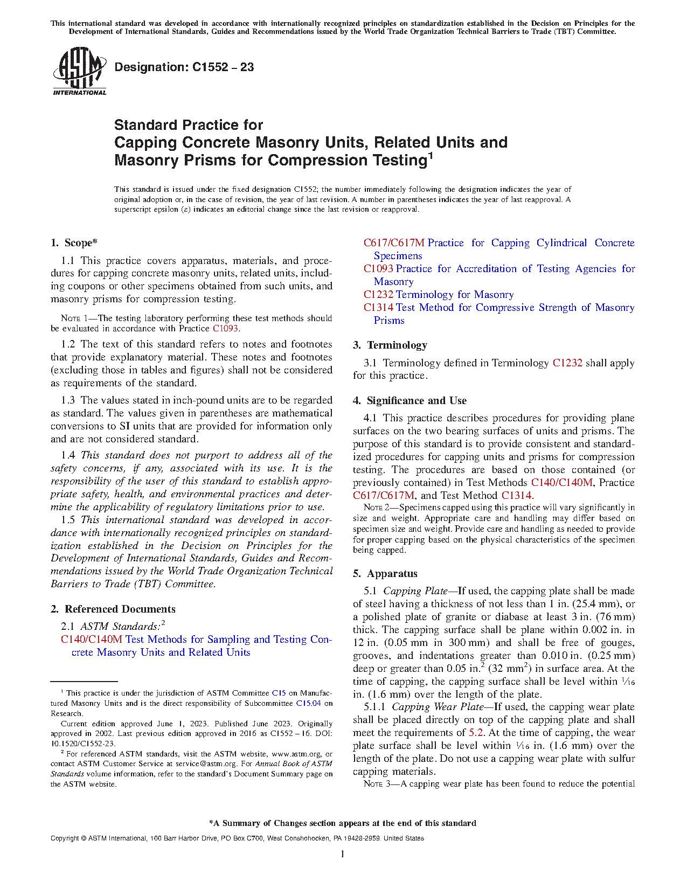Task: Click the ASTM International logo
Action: (x=79, y=71)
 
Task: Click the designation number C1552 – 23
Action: (x=223, y=67)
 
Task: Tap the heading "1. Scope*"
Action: (x=74, y=243)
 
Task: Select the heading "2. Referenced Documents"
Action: (x=113, y=609)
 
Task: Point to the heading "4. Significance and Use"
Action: (x=410, y=401)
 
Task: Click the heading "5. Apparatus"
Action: (x=385, y=574)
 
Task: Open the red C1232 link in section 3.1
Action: (x=567, y=363)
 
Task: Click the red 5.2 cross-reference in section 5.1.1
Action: (x=476, y=733)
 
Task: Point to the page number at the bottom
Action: (x=343, y=853)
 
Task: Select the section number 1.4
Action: (x=68, y=455)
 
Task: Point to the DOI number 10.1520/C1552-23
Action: (x=83, y=744)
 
